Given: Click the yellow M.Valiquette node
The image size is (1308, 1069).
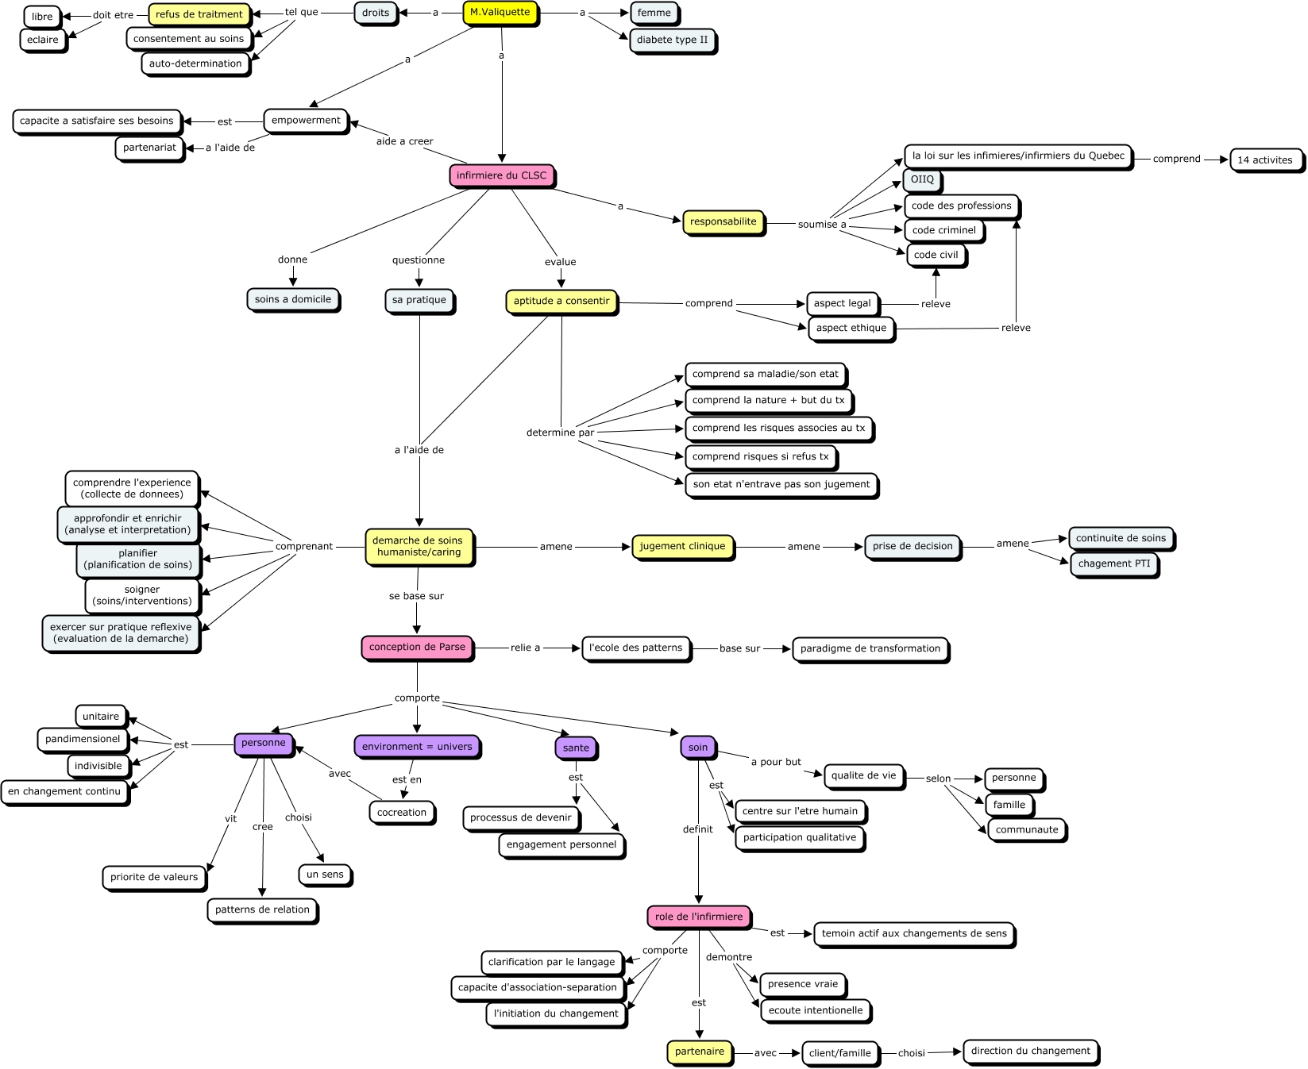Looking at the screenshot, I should click(500, 13).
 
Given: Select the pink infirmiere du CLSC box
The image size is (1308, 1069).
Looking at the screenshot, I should click(502, 175).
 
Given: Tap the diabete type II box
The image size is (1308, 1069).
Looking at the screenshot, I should click(672, 40).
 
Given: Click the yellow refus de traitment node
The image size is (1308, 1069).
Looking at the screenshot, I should click(199, 14).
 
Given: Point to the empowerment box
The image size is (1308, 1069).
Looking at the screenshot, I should click(306, 121).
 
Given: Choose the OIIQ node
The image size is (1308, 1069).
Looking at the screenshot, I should click(922, 179).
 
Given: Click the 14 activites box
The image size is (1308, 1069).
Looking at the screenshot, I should click(1265, 160).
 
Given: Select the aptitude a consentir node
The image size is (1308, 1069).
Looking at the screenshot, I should click(561, 301).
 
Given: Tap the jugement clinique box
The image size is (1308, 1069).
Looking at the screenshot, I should click(682, 546).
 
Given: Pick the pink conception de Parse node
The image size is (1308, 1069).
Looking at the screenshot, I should click(417, 647).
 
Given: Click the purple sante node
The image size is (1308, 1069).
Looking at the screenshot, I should click(576, 748).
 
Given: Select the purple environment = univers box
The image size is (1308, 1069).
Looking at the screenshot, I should click(417, 747).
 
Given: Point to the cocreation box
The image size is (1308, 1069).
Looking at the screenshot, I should click(402, 813).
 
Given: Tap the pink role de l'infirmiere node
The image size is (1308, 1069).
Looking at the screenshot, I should click(699, 917).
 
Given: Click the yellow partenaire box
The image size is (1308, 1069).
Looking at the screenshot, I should click(700, 1052).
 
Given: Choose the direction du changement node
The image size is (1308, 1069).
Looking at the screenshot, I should click(1031, 1051).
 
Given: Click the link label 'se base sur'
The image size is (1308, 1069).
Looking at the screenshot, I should click(416, 596).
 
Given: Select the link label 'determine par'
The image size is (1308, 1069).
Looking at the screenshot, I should click(560, 433).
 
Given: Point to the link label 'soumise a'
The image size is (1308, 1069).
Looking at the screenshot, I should click(822, 225).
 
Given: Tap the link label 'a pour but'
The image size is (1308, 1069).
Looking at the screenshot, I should click(776, 762).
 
